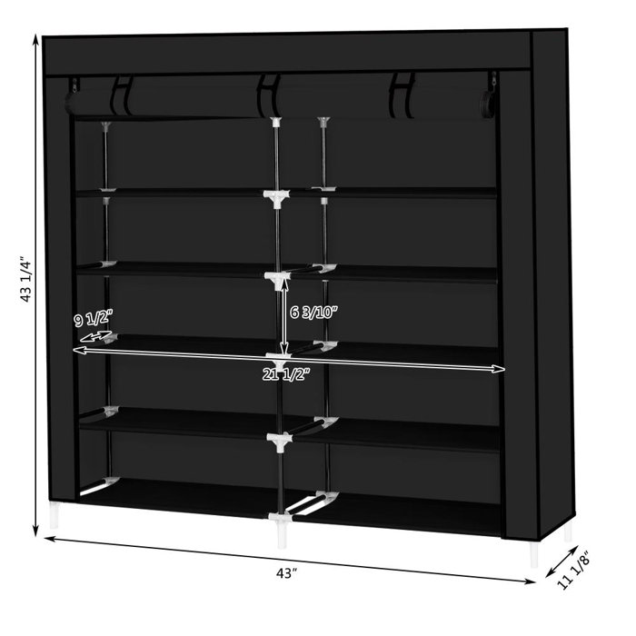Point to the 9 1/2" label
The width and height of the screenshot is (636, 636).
[x=93, y=320]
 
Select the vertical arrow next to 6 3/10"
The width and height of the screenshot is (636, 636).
[x=284, y=318]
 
